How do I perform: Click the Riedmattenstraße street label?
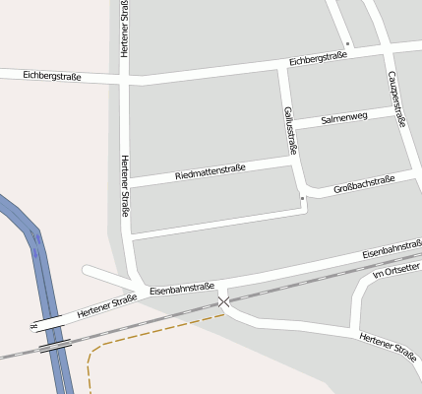click(210, 172)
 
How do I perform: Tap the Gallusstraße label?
click(289, 130)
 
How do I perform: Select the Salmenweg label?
click(344, 117)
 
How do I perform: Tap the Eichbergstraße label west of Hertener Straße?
click(50, 76)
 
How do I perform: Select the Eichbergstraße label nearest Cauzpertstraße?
click(318, 61)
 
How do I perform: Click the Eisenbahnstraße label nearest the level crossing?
click(182, 289)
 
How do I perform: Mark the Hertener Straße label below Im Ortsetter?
click(388, 345)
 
